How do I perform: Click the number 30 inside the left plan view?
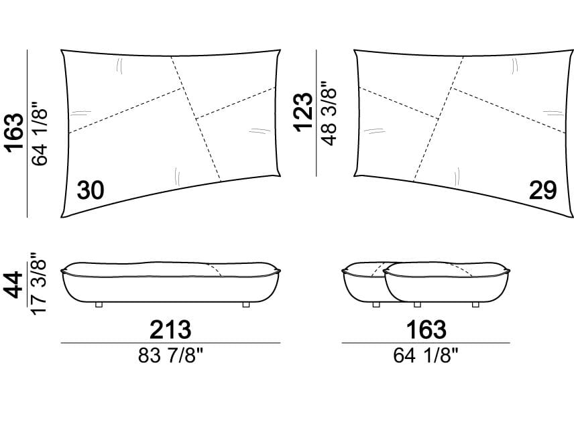tap(91, 190)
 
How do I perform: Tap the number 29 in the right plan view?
tap(542, 190)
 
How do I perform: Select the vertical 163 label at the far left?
tap(15, 133)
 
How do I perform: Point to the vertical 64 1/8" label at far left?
tap(40, 133)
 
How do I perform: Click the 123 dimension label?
tap(304, 112)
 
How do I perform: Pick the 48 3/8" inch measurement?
tap(329, 113)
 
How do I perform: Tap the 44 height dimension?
tap(14, 285)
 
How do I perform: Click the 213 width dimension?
tap(170, 330)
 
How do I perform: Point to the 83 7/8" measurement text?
tap(170, 355)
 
